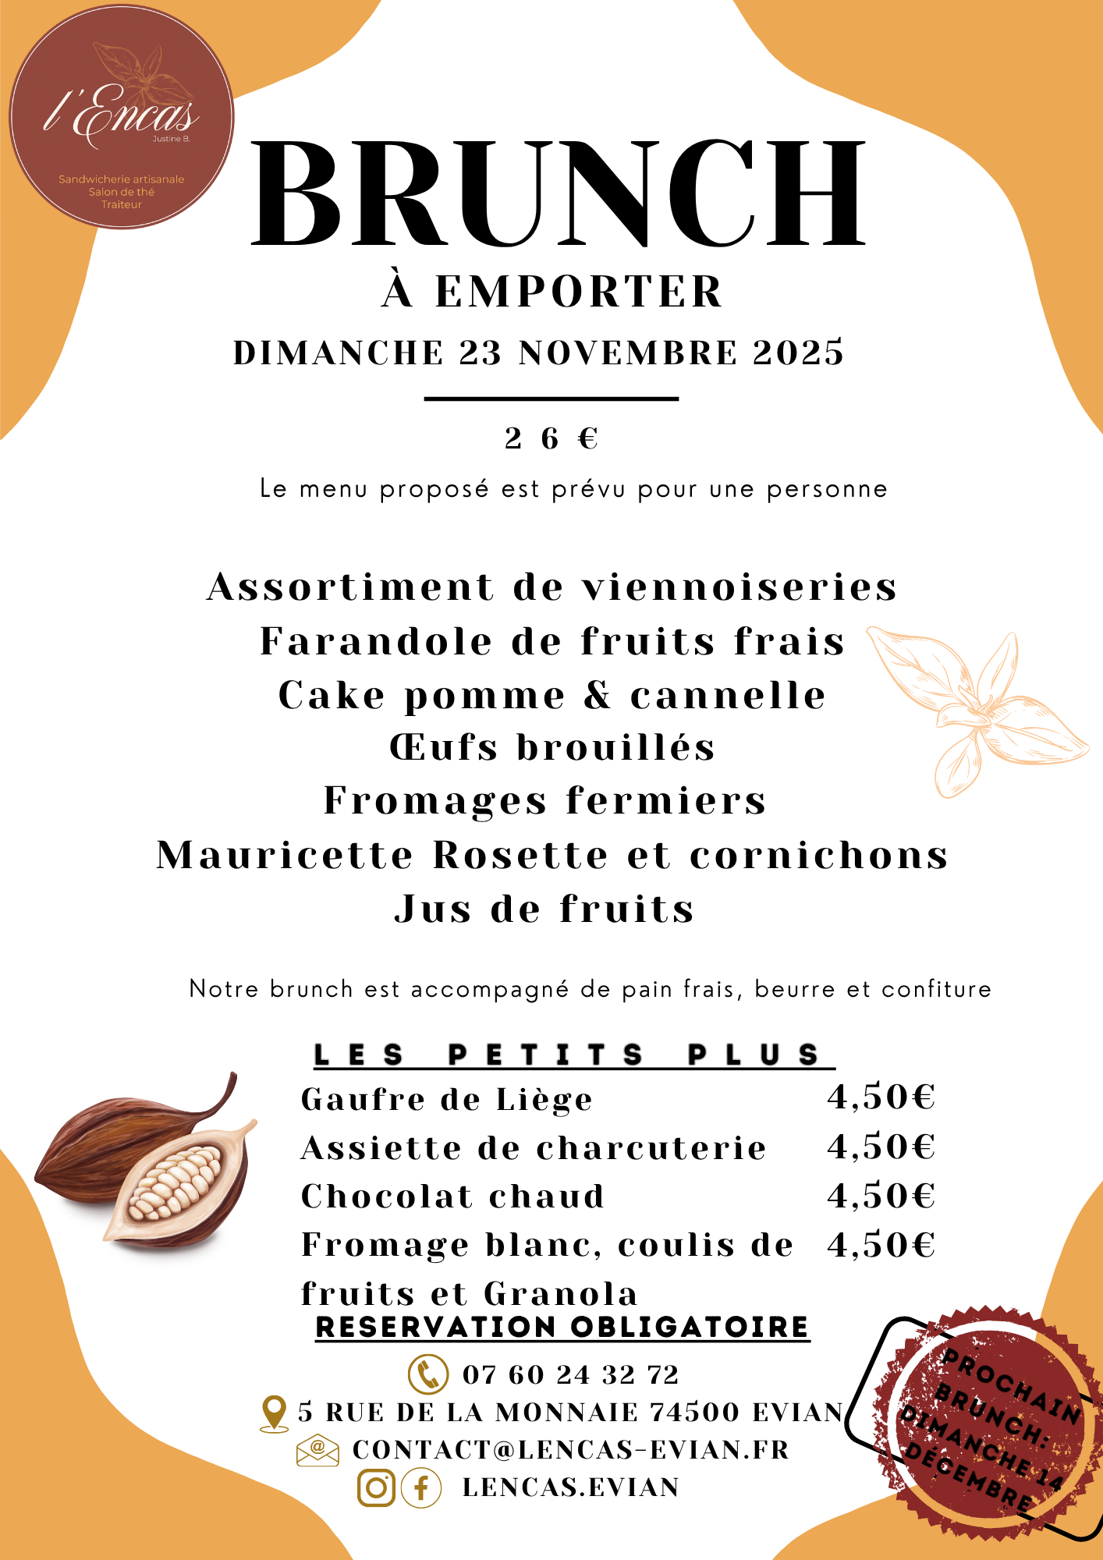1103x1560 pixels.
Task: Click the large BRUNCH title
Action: [x=559, y=195]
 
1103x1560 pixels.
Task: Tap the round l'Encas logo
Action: [x=122, y=117]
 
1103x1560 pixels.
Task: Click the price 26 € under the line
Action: [x=551, y=438]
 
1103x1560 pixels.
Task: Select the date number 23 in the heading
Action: [x=480, y=353]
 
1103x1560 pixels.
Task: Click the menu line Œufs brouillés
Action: [x=552, y=747]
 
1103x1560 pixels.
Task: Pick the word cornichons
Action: [x=819, y=856]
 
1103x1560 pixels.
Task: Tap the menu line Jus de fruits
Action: [x=544, y=909]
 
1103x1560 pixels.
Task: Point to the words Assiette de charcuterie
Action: [x=534, y=1148]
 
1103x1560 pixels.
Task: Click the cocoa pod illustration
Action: [x=148, y=1162]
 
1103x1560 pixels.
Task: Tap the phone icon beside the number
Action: [x=428, y=1374]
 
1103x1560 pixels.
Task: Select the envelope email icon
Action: [x=317, y=1450]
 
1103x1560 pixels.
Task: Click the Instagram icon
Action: [x=376, y=1487]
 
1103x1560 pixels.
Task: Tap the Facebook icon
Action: [x=421, y=1487]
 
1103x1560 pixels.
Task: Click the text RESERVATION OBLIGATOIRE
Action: [x=562, y=1327]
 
